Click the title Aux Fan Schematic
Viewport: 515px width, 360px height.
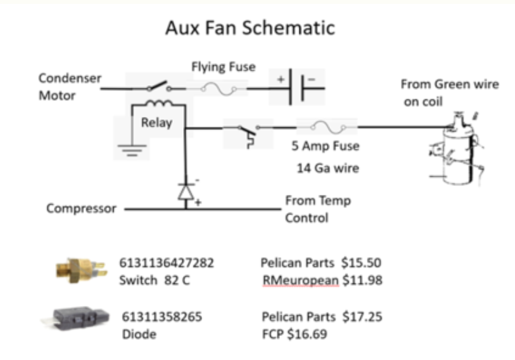[x=250, y=27]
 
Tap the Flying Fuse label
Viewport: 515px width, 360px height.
[x=223, y=67]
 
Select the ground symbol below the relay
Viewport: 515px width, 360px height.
[x=132, y=150]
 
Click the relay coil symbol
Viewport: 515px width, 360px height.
[x=158, y=103]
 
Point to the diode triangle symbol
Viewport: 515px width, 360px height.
[x=186, y=192]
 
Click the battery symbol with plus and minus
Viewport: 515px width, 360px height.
[x=296, y=87]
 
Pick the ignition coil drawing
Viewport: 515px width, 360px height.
[x=457, y=149]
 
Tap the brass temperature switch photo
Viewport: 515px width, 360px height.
[x=81, y=270]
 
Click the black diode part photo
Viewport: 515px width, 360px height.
[x=75, y=318]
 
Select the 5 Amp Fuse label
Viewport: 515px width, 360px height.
[x=325, y=146]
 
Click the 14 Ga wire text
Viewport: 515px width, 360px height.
[x=328, y=168]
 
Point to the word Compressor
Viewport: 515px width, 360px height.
[x=81, y=209]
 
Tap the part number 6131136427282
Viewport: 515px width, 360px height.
[x=166, y=263]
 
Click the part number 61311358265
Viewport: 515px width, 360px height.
[x=162, y=316]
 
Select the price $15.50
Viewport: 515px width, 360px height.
[x=361, y=263]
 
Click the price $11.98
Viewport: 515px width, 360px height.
[x=362, y=280]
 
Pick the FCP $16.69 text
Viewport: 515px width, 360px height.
[x=294, y=334]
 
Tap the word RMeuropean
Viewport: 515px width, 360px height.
[x=301, y=280]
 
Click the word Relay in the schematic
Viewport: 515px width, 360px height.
[x=157, y=123]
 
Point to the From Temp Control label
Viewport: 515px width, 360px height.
[x=318, y=209]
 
